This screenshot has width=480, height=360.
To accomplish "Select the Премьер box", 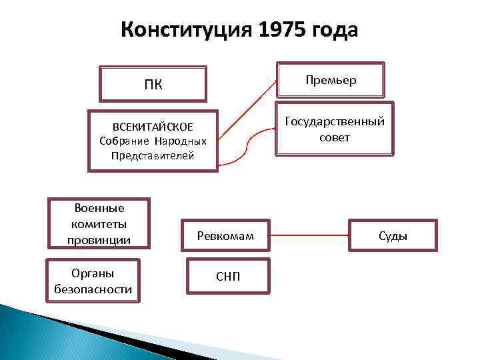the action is (x=331, y=80).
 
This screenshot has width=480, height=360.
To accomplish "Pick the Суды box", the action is (x=393, y=236).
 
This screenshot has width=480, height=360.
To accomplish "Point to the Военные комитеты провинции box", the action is (x=99, y=224).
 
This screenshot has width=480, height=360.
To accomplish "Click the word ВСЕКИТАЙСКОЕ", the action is (x=153, y=127).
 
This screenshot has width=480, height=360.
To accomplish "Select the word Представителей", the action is (x=153, y=156).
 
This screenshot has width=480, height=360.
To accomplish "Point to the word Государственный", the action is (x=335, y=122).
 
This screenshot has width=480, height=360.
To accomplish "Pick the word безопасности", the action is (x=93, y=289).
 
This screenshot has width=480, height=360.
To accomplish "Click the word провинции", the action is (x=99, y=239).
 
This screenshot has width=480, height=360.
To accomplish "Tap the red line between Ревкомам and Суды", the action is (x=311, y=235).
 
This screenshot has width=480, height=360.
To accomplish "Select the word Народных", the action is (x=181, y=141).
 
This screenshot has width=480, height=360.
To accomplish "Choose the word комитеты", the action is (x=99, y=224).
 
